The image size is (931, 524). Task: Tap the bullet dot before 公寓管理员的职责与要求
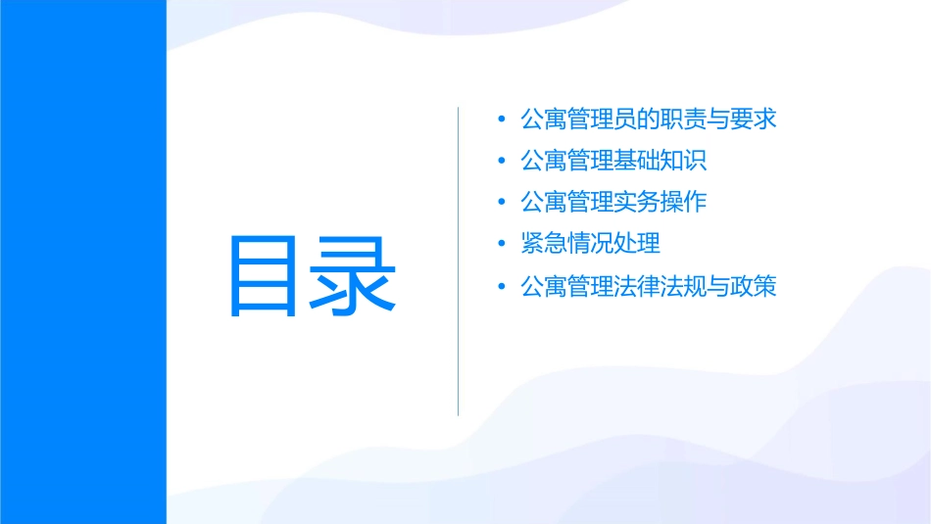point(502,119)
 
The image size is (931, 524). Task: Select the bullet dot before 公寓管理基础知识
point(502,162)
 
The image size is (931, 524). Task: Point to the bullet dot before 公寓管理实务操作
point(502,204)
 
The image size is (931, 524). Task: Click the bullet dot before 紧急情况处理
point(502,245)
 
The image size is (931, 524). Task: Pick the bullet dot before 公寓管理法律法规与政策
point(502,287)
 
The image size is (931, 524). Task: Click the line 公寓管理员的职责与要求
point(649,119)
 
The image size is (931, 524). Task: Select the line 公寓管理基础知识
point(613,162)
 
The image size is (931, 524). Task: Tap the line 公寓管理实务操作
point(613,204)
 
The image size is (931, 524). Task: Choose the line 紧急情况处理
point(591,245)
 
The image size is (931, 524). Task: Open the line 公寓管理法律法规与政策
point(649,287)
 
